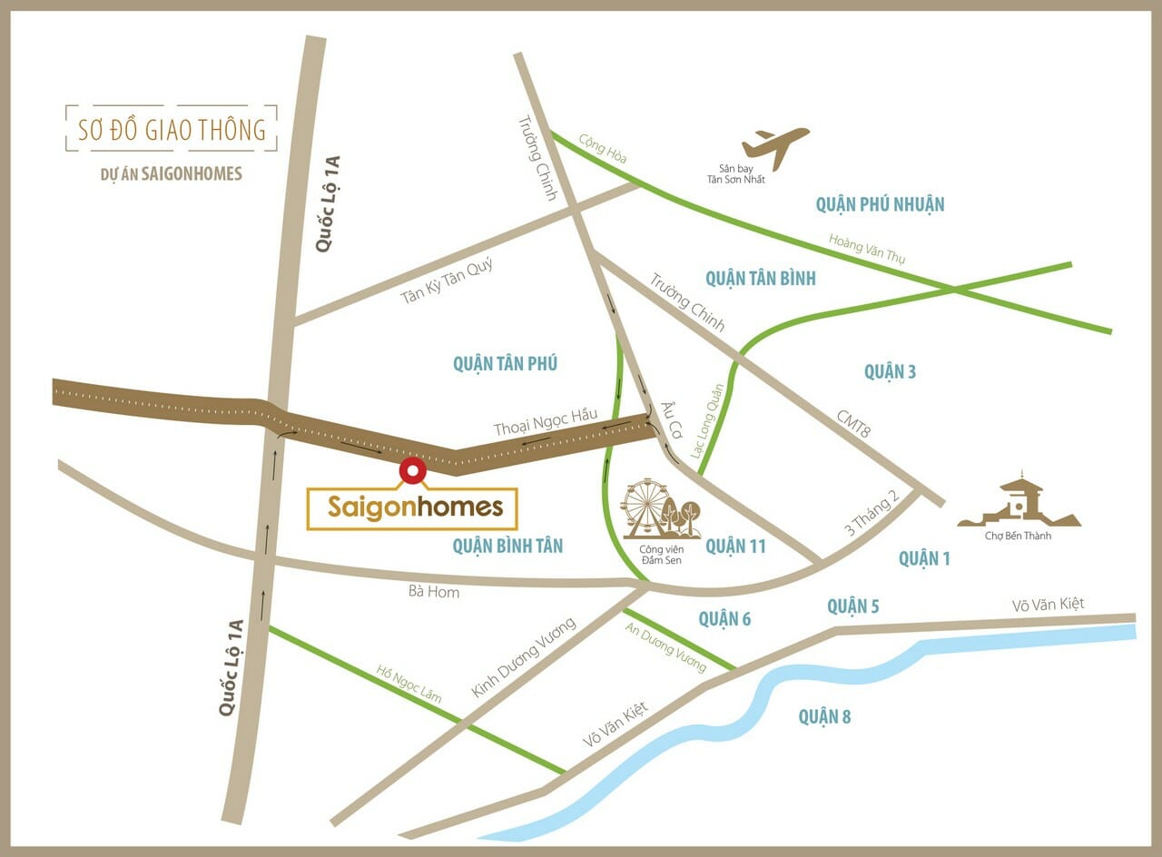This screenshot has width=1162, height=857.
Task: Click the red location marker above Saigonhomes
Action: (412, 470)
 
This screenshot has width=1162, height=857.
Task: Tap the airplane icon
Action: (775, 146)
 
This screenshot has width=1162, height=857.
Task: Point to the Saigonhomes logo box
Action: (412, 508)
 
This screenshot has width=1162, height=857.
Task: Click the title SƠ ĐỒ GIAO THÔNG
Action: (172, 129)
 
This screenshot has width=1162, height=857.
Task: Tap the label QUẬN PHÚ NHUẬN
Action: (880, 204)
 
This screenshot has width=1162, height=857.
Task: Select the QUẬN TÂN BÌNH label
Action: (760, 278)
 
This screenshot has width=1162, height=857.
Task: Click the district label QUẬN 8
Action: (824, 717)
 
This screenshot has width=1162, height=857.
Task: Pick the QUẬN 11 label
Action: (735, 546)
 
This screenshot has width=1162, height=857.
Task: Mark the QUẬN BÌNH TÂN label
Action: (507, 546)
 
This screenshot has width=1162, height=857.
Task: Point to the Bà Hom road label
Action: (434, 592)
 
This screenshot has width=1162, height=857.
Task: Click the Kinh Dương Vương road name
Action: (524, 658)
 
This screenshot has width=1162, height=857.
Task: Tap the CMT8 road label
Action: (853, 422)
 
